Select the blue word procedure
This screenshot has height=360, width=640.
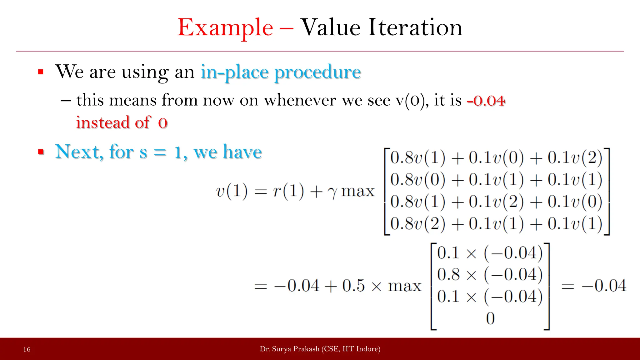317,72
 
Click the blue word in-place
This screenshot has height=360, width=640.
234,72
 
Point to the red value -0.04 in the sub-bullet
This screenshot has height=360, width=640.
486,101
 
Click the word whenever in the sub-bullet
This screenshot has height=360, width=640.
300,101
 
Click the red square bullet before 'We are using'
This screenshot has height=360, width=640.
41,72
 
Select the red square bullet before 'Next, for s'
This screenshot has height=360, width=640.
41,152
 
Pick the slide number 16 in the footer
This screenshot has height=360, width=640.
27,349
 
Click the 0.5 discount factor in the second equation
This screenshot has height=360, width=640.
353,286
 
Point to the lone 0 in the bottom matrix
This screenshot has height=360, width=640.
490,318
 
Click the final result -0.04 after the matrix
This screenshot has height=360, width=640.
604,286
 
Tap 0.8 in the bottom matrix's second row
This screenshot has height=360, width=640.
448,275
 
